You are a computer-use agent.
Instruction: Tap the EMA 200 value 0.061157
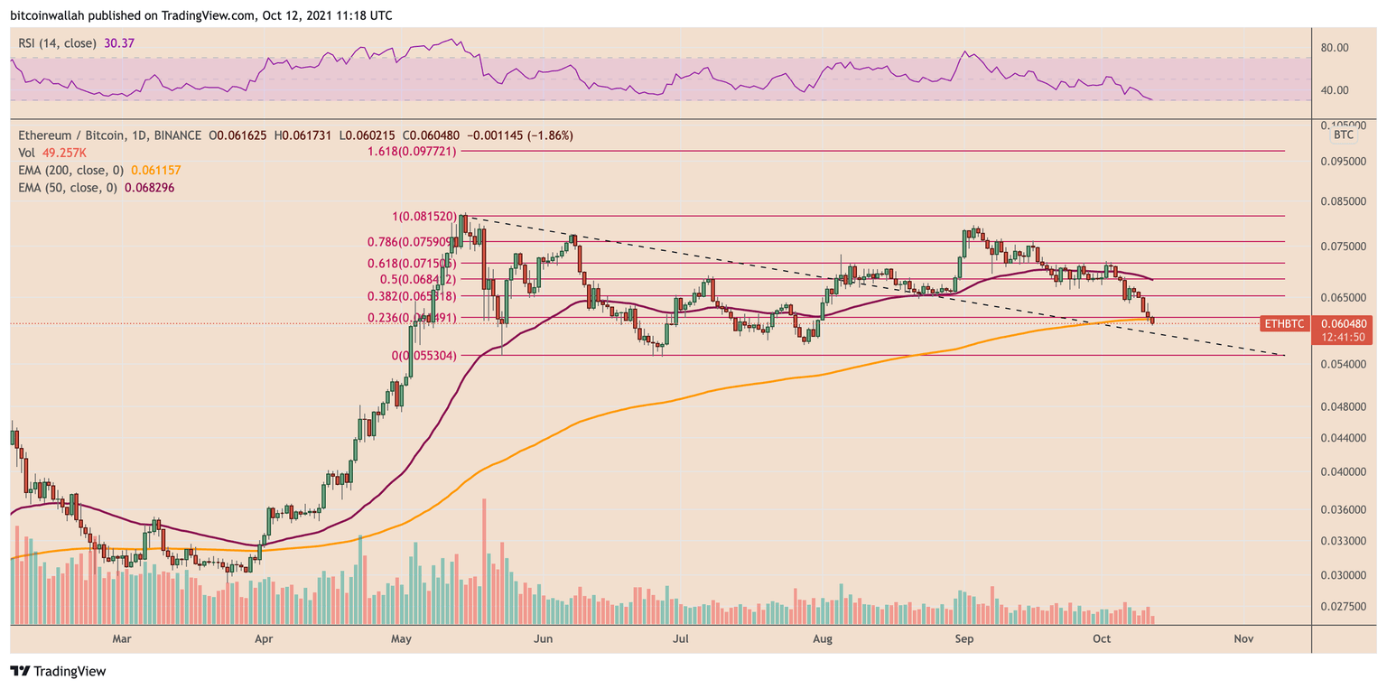pos(156,170)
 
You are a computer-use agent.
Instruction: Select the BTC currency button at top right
pos(1343,135)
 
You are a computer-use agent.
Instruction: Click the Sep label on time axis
pos(964,638)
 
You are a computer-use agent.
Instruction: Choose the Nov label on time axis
pos(1243,638)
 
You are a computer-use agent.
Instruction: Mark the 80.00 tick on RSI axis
pos(1336,48)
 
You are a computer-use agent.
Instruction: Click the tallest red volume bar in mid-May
pos(485,560)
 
